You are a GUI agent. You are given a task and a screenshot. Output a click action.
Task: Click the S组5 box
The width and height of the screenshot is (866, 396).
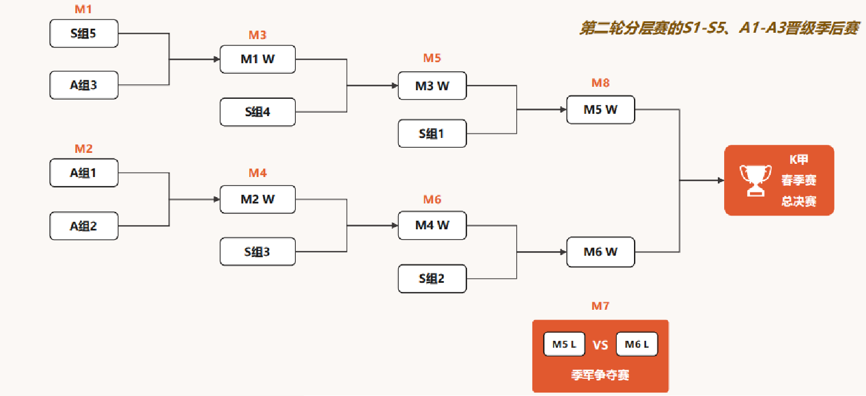coord(84,34)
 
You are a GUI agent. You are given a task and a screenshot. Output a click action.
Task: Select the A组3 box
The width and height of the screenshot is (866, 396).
coord(84,85)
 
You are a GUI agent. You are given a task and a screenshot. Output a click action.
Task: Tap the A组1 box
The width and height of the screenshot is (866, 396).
coord(84,173)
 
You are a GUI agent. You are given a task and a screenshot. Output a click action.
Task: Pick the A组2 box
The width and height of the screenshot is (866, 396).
coord(84,226)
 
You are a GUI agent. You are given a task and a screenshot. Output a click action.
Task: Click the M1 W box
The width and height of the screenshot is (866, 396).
coord(257,59)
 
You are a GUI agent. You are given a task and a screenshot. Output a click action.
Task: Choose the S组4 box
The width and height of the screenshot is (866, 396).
coord(257,112)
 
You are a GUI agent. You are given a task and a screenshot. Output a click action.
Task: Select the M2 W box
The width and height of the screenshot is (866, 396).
coord(257,199)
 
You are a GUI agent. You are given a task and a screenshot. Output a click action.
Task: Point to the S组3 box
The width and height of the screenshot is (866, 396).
coord(257,252)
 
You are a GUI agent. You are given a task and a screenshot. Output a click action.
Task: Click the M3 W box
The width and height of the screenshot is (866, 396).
coord(432,86)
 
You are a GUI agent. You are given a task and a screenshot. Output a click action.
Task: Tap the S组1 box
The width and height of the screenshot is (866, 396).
coord(432,134)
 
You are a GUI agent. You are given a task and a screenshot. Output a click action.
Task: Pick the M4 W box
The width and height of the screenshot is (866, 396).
coord(432,225)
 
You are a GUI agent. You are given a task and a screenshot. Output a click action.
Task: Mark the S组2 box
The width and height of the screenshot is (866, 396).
coord(432,279)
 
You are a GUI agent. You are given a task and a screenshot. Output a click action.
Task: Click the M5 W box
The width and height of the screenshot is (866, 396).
coord(600,109)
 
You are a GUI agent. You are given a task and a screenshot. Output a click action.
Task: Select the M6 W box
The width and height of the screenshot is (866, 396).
coord(600,252)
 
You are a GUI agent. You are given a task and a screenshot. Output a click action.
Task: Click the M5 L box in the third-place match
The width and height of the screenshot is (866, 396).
coord(564,345)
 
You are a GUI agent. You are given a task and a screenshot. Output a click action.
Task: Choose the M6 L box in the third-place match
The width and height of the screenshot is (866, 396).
coord(636,345)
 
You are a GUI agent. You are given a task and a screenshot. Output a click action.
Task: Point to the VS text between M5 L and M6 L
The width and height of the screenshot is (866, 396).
coord(600,345)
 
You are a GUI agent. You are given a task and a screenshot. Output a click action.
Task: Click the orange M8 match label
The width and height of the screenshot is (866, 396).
coord(600,83)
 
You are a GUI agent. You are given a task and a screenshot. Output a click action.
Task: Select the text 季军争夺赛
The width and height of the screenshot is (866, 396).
coord(600,375)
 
